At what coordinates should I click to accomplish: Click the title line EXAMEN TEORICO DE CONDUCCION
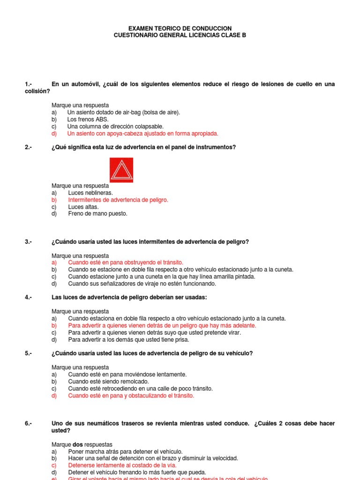(180, 29)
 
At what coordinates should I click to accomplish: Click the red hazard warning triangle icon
(121, 170)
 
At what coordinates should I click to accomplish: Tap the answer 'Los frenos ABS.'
(88, 120)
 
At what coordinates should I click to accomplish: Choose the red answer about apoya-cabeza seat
(142, 134)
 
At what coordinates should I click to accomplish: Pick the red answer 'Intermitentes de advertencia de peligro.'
(118, 200)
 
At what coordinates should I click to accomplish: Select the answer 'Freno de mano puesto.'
(97, 214)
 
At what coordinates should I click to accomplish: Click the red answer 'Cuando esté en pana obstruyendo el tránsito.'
(125, 262)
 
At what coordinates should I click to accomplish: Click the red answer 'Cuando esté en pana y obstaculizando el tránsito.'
(131, 396)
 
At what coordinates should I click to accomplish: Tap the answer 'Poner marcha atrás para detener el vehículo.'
(125, 451)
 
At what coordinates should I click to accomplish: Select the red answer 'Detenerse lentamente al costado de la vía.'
(122, 465)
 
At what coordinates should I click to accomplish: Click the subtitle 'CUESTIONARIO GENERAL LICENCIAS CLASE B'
(180, 36)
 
